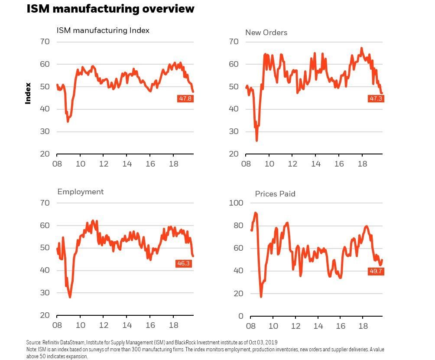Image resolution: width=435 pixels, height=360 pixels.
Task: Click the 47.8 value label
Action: (x=185, y=98)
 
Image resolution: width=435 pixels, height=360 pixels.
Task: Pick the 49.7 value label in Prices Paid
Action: (x=375, y=272)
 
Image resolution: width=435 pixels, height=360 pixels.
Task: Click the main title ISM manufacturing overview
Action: (x=110, y=9)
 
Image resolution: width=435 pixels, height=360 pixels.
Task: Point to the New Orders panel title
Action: (x=266, y=33)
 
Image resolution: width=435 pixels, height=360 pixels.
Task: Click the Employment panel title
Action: (x=80, y=192)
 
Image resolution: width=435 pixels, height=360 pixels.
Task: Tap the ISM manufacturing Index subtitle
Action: (x=103, y=30)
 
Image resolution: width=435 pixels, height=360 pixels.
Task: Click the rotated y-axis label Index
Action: (x=28, y=93)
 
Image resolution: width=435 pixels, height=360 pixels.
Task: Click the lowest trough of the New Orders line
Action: (x=257, y=141)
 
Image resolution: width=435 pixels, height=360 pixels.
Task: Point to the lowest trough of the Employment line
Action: (x=70, y=297)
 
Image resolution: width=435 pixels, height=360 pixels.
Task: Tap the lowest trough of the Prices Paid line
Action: (x=261, y=296)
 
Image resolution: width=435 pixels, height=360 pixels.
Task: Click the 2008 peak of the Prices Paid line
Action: (x=255, y=213)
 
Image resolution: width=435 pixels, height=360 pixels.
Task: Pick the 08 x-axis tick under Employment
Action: (x=57, y=325)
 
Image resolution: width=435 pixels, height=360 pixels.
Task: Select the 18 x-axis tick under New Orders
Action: (x=362, y=164)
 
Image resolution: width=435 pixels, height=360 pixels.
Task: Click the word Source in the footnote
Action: (x=33, y=343)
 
